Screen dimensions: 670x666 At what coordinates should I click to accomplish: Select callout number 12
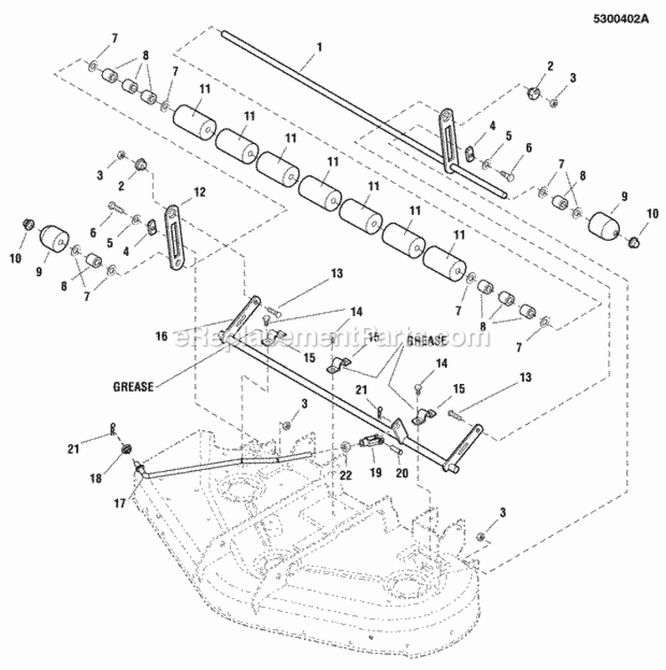tap(199, 190)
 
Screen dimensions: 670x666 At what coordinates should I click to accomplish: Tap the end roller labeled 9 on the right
tap(605, 222)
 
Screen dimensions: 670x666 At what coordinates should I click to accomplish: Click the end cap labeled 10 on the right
tap(633, 240)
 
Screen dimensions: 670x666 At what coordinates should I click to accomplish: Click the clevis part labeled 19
tap(372, 442)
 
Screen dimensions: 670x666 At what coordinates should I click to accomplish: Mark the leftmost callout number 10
tap(15, 258)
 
